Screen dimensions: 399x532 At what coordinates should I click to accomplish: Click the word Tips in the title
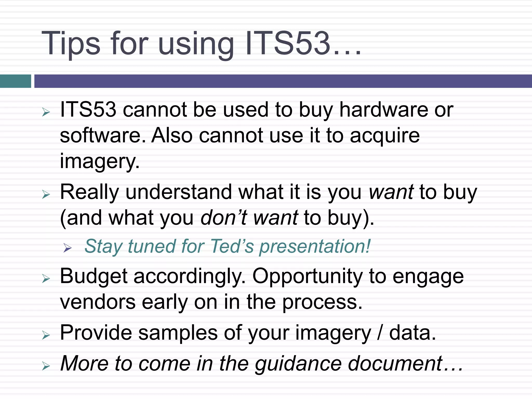tap(70, 44)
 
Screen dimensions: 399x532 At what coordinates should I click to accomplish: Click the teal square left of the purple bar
tap(15, 81)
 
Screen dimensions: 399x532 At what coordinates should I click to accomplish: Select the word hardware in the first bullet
tap(383, 110)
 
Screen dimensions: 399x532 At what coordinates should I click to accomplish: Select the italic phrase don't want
tap(249, 218)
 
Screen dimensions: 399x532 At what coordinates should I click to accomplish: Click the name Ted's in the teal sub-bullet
tap(232, 246)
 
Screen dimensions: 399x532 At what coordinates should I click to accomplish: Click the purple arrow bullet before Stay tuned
tap(67, 248)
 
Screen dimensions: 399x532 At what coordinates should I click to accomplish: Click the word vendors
tap(98, 302)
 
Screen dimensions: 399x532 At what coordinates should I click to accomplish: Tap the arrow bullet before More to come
tap(46, 366)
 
